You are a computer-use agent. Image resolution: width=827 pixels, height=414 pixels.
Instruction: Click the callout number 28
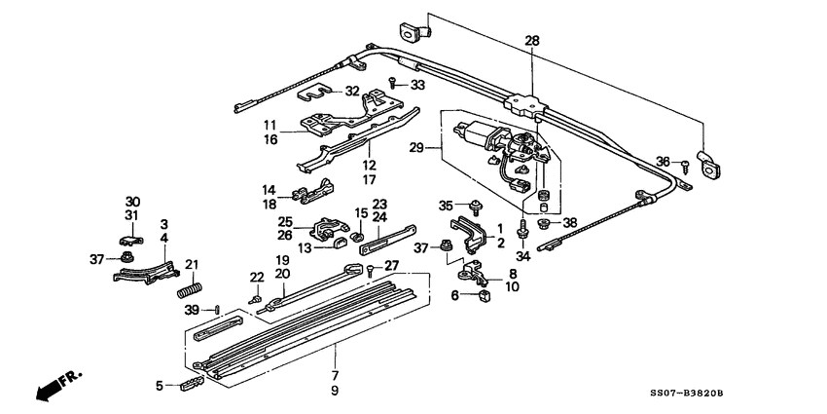(x=531, y=41)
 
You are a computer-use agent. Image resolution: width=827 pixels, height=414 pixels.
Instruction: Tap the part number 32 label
(x=352, y=91)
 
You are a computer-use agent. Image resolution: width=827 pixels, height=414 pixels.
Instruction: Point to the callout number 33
(x=417, y=86)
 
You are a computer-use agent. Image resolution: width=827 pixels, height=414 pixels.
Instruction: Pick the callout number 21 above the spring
(x=192, y=264)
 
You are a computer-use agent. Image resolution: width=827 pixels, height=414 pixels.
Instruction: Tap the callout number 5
(x=161, y=386)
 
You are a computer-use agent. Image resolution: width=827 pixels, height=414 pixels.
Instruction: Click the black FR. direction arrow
(x=49, y=388)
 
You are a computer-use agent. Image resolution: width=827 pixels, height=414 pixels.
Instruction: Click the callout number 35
(x=446, y=206)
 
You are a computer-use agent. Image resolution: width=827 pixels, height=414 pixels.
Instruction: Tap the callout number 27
(x=391, y=265)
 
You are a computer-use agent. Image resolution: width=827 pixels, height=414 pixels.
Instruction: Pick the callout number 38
(x=570, y=222)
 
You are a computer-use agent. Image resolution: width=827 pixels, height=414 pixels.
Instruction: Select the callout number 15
(x=360, y=212)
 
